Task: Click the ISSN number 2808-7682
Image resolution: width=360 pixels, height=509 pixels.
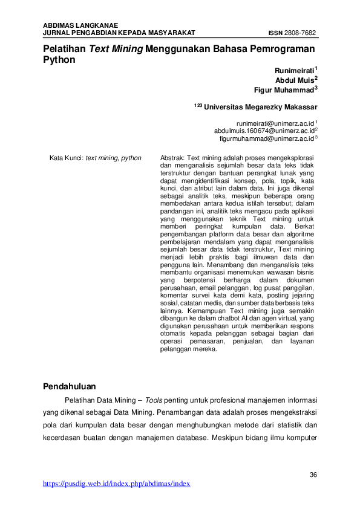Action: [x=301, y=33]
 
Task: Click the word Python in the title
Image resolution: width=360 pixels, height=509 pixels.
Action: [x=59, y=60]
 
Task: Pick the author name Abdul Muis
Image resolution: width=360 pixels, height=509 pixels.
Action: [x=295, y=80]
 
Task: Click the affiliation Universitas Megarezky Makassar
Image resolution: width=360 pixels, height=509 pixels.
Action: [x=260, y=107]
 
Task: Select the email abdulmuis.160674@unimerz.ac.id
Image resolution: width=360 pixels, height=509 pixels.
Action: [x=264, y=130]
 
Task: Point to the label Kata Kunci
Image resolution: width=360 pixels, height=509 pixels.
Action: [x=65, y=158]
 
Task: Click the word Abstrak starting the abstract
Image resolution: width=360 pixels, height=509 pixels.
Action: [x=172, y=158]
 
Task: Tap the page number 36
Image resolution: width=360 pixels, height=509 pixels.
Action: [x=313, y=473]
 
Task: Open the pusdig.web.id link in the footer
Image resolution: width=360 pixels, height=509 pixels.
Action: [x=117, y=484]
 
